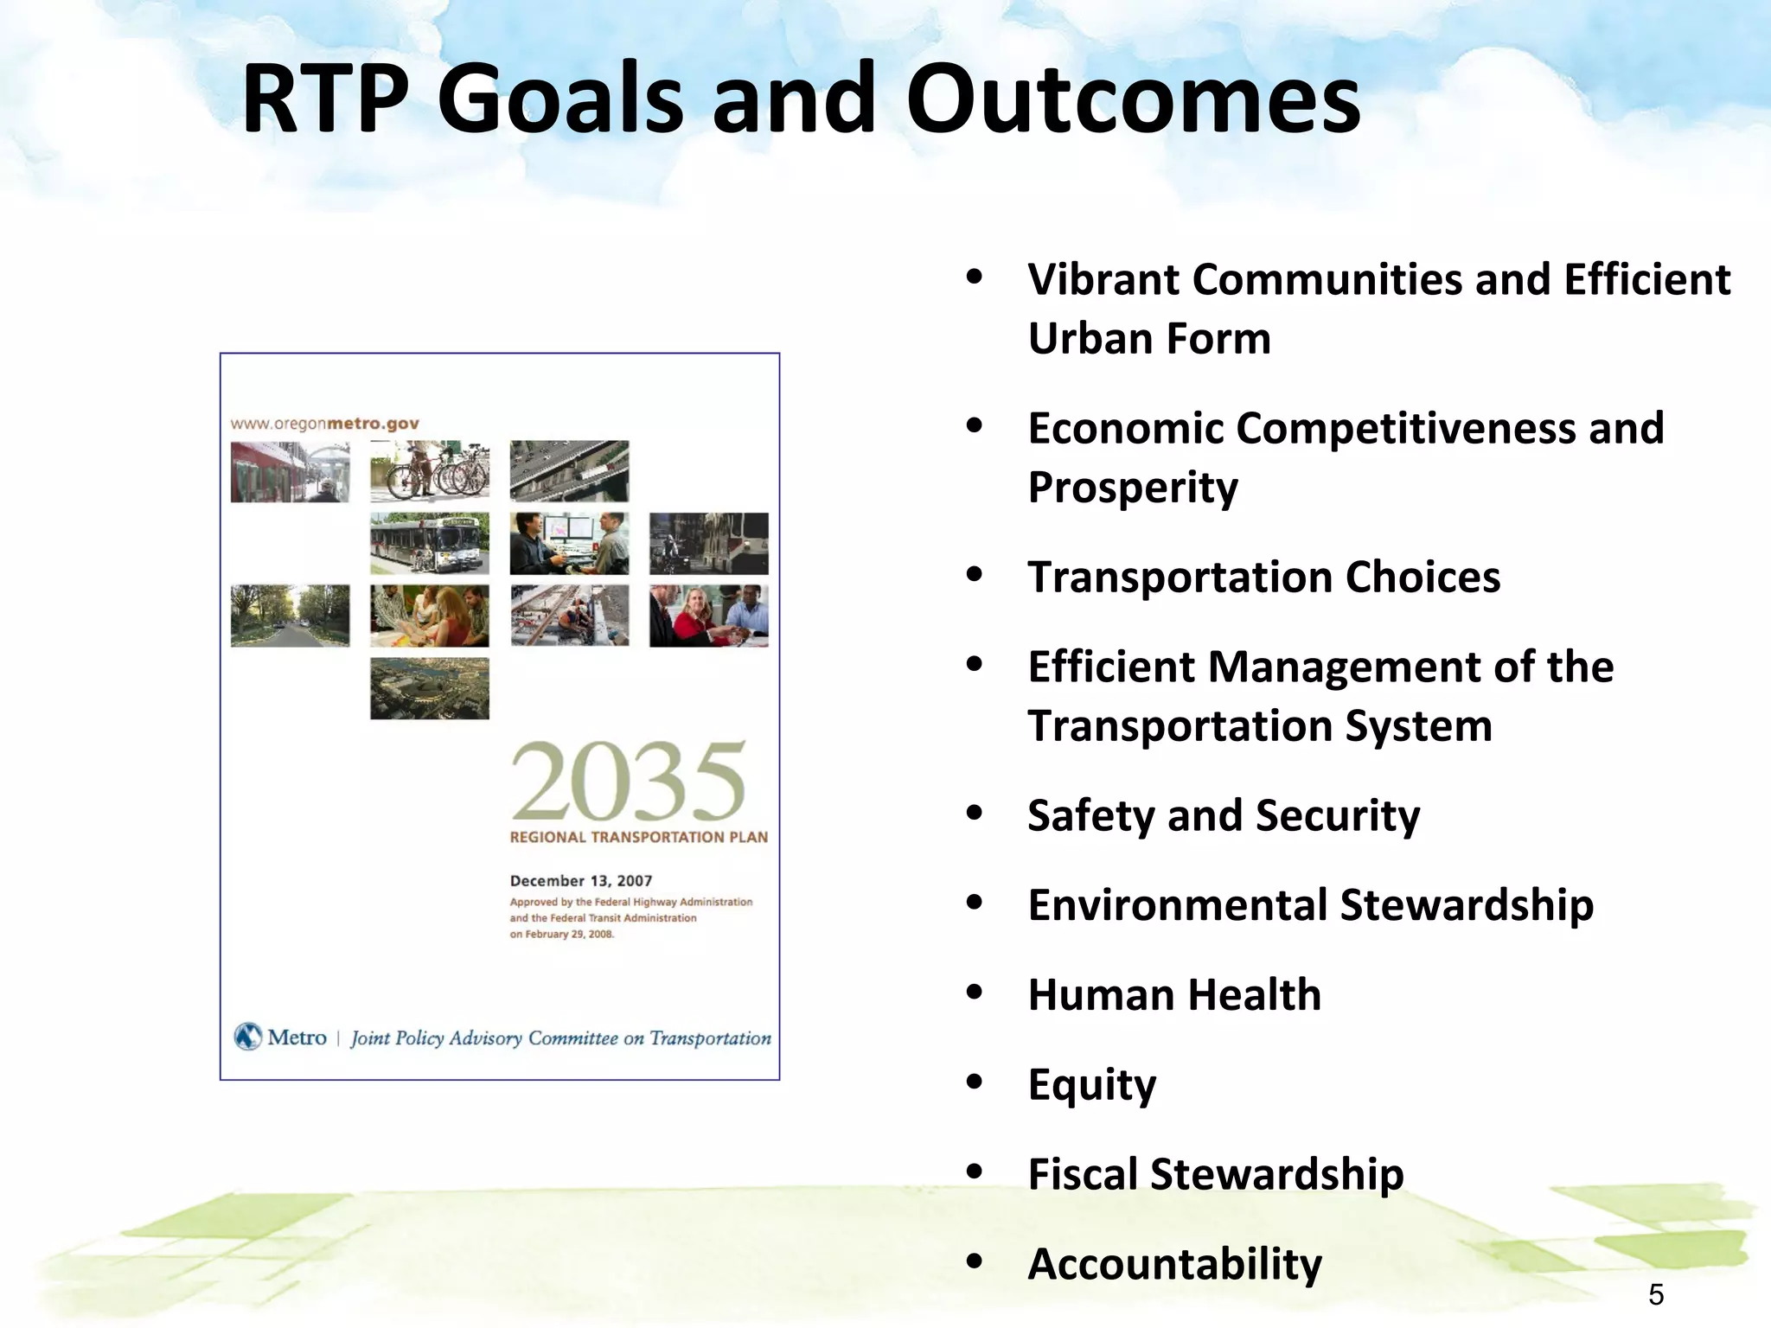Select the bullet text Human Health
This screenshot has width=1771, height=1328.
click(1174, 995)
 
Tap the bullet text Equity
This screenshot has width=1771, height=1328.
click(1091, 1085)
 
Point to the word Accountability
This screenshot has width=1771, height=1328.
click(1174, 1264)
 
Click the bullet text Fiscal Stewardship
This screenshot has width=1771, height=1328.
click(1215, 1174)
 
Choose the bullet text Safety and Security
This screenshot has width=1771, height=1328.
click(1223, 815)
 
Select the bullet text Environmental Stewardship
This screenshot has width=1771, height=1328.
click(1310, 905)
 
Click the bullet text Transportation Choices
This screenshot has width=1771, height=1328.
click(1263, 577)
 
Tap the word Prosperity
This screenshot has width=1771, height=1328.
click(1133, 488)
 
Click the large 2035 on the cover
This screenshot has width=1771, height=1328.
click(628, 782)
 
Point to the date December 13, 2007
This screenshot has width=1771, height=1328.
click(580, 881)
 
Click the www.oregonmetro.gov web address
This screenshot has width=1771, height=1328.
click(324, 424)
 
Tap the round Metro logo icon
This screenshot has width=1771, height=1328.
click(248, 1037)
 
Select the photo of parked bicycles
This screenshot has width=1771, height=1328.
click(430, 471)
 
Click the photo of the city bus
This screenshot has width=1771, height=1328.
click(430, 544)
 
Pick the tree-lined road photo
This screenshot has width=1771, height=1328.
click(290, 616)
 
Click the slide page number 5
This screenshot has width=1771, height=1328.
click(1655, 1295)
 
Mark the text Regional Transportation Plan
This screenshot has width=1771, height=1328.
click(638, 837)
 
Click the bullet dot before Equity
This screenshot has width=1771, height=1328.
click(975, 1083)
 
